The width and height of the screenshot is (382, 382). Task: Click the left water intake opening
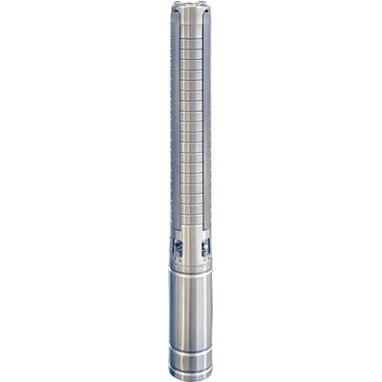(179, 248)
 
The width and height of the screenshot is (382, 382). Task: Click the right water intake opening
(205, 248)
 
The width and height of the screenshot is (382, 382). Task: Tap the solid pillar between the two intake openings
(192, 250)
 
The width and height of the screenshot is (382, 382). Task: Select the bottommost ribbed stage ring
(192, 222)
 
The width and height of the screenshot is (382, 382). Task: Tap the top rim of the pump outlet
(192, 5)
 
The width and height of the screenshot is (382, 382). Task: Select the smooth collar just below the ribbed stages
(192, 232)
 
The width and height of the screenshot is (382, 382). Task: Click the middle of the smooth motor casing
(192, 315)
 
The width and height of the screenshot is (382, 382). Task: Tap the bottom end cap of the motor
(192, 374)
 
